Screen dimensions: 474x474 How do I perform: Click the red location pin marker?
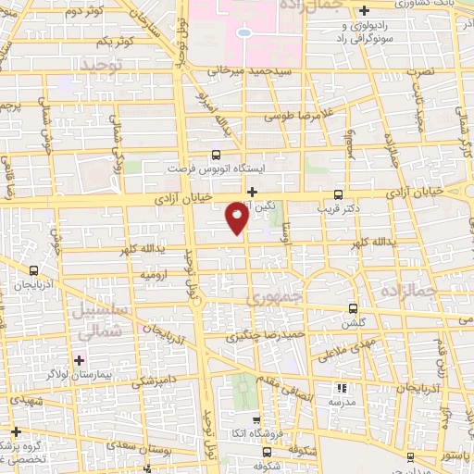tap(236, 218)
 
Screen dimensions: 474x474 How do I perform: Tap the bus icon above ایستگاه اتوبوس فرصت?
tap(217, 156)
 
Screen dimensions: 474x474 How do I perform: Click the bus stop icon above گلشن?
tap(352, 308)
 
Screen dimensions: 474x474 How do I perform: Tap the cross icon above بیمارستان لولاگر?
tap(81, 360)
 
